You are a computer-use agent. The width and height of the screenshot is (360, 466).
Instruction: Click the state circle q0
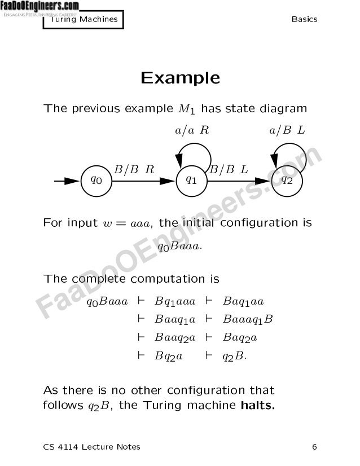click(97, 181)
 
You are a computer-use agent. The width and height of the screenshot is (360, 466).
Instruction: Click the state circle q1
click(192, 181)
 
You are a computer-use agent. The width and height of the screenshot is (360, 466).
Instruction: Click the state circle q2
click(287, 181)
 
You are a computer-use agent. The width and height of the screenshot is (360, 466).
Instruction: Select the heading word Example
click(180, 77)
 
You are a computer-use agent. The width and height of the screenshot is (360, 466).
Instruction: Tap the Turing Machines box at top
click(84, 19)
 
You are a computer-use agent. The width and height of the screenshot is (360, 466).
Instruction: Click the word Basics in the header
click(304, 19)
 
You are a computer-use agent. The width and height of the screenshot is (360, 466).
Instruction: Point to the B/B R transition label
click(134, 169)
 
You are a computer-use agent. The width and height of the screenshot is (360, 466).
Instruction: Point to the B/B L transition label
click(229, 169)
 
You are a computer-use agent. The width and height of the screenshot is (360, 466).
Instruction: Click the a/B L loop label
click(287, 131)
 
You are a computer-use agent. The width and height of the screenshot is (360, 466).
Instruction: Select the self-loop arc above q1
click(194, 148)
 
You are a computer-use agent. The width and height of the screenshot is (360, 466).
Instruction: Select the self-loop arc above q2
click(289, 148)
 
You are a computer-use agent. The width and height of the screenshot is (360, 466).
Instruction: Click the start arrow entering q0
click(67, 181)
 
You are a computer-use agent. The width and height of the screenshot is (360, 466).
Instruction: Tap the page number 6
click(314, 447)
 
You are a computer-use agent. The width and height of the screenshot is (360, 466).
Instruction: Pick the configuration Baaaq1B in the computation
click(248, 320)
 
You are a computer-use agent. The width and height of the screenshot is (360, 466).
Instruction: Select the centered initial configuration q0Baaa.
click(180, 247)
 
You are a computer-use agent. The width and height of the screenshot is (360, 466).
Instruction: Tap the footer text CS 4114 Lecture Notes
click(92, 447)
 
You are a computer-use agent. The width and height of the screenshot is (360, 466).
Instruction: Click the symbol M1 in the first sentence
click(187, 109)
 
